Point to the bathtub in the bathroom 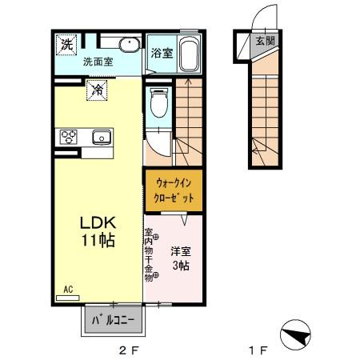click(187, 54)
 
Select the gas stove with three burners click(67, 136)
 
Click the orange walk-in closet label click(173, 190)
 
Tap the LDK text click(95, 223)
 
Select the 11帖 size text click(95, 240)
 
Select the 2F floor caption click(129, 350)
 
